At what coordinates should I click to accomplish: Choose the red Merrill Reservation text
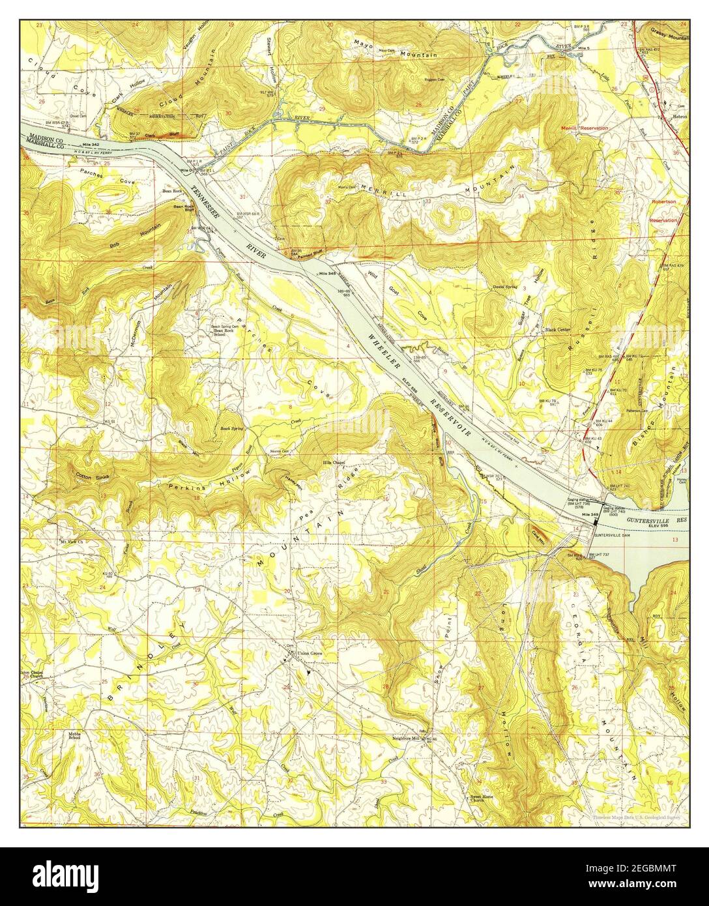(586, 128)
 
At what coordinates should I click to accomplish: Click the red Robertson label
(664, 202)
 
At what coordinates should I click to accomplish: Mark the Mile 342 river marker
(91, 143)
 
